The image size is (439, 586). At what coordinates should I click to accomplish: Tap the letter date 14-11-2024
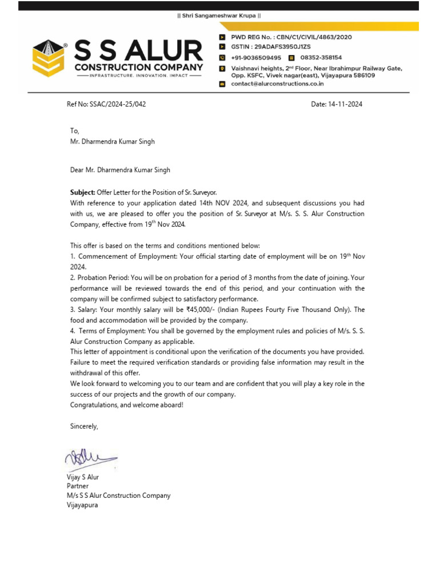click(x=345, y=105)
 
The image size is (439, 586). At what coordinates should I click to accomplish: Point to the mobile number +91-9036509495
click(x=256, y=58)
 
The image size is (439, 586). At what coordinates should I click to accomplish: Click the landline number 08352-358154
click(x=321, y=58)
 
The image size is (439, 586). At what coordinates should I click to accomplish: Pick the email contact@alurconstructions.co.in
click(x=277, y=84)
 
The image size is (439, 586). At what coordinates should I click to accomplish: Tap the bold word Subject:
click(x=82, y=192)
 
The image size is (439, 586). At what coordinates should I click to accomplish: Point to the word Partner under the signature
click(x=78, y=486)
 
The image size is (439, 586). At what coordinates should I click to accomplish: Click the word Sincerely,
click(x=84, y=426)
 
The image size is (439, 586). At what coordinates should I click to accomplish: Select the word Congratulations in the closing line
click(x=95, y=405)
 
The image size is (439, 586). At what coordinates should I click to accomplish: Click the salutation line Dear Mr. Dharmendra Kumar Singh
click(x=119, y=170)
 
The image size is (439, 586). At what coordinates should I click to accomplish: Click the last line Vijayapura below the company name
click(x=82, y=505)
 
